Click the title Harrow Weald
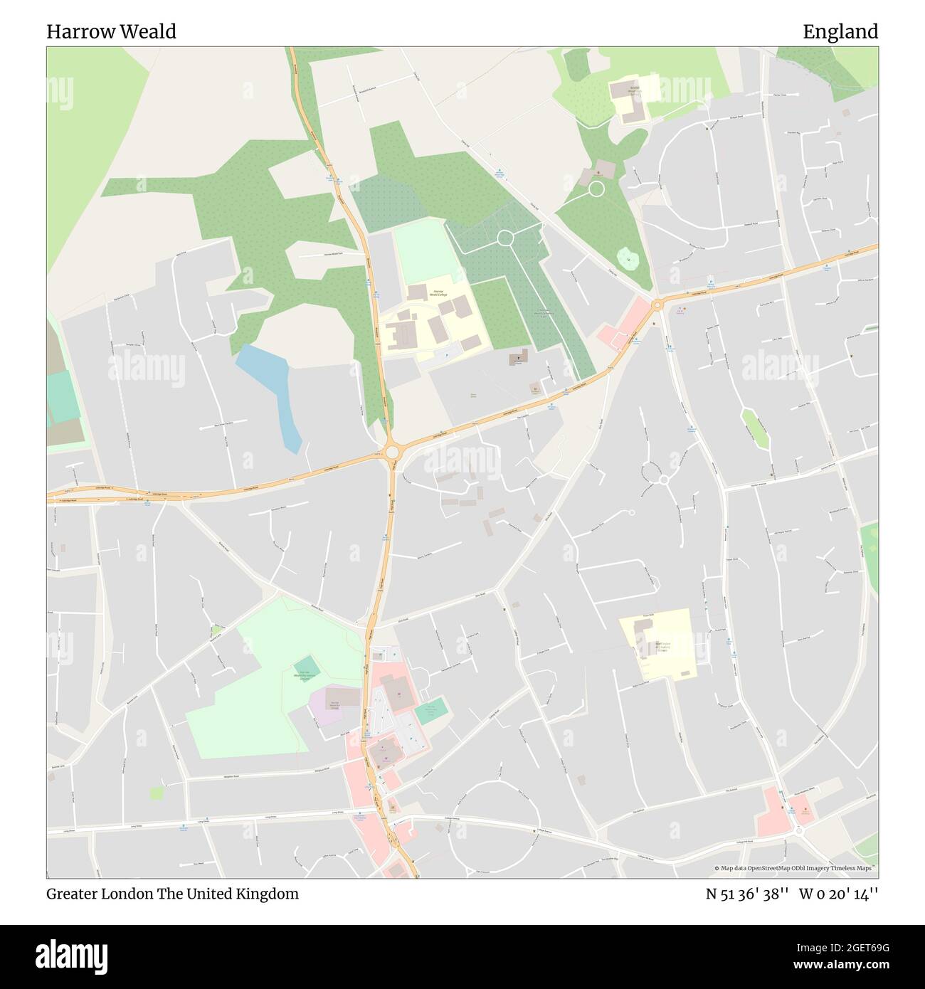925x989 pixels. (112, 32)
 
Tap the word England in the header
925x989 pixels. (840, 32)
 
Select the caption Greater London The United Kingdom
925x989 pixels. (173, 894)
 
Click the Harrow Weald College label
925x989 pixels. (439, 292)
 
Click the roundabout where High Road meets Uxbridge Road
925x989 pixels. (391, 451)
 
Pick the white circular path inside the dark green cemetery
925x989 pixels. (505, 238)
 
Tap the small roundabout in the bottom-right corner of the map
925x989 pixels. (798, 831)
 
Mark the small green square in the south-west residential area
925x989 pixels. (157, 793)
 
